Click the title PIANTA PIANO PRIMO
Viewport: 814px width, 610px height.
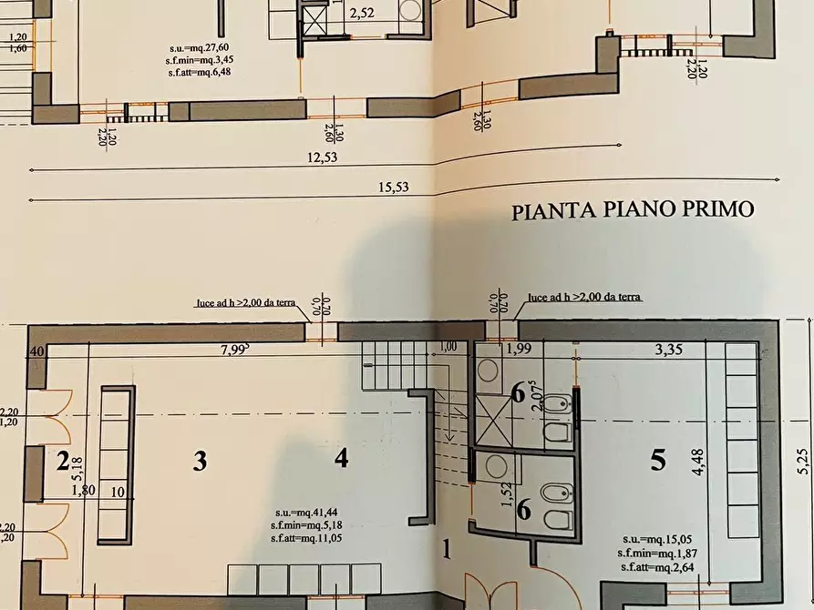click(x=633, y=211)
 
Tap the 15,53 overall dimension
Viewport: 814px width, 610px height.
click(x=392, y=188)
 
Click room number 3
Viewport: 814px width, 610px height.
click(x=200, y=462)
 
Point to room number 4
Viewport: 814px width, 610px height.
click(x=341, y=459)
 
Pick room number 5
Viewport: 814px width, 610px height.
click(x=658, y=462)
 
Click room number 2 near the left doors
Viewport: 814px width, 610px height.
click(x=63, y=462)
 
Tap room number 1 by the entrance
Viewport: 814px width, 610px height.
click(x=447, y=549)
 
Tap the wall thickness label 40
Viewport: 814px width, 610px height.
click(x=37, y=351)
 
